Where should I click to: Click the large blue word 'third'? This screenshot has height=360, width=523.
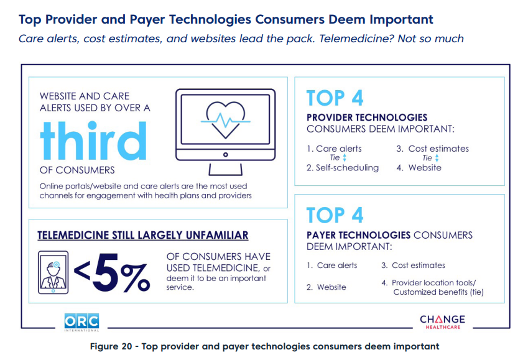[x=95, y=140]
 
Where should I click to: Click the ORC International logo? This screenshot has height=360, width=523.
[x=81, y=321]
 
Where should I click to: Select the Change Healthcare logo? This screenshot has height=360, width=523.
[x=442, y=322]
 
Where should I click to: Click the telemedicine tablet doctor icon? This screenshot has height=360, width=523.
[x=53, y=271]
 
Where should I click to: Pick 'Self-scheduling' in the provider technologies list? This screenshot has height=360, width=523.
[x=347, y=168]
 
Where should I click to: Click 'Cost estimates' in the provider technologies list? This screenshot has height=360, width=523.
[x=438, y=149]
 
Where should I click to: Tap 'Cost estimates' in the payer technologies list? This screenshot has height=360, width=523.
[x=419, y=265]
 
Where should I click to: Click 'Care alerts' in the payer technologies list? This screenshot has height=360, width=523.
[x=337, y=265]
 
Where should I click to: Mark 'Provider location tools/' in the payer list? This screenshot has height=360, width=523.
[x=433, y=283]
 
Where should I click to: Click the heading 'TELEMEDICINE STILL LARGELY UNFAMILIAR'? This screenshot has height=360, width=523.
[x=142, y=235]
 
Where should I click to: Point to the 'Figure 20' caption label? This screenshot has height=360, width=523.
[x=114, y=346]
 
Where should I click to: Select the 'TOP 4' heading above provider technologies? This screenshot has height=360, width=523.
[x=335, y=99]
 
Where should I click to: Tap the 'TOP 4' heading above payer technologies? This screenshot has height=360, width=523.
[x=335, y=215]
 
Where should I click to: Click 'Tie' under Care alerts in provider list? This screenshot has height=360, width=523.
[x=336, y=158]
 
